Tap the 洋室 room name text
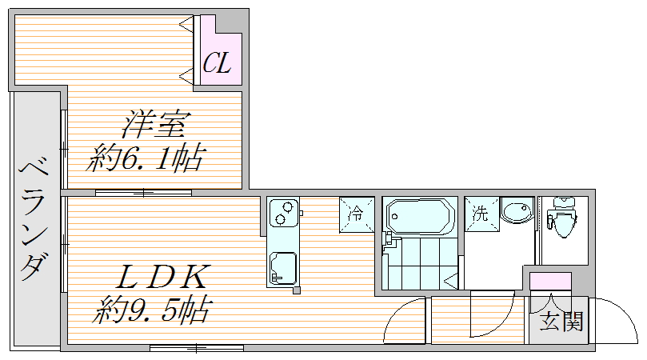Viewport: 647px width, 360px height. point(156,126)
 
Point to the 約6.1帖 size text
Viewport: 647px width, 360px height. point(145,158)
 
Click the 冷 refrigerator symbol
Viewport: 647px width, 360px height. point(357,214)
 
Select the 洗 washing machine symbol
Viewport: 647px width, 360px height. point(480,214)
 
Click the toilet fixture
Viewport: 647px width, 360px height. point(564,215)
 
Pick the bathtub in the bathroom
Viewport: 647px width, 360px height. point(419,215)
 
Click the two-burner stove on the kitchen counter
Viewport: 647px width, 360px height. point(282,214)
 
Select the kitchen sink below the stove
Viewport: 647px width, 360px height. point(283,267)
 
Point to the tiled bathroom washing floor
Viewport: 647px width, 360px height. point(417,262)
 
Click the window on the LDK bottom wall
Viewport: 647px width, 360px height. point(196,348)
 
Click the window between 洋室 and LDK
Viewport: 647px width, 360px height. point(143,192)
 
